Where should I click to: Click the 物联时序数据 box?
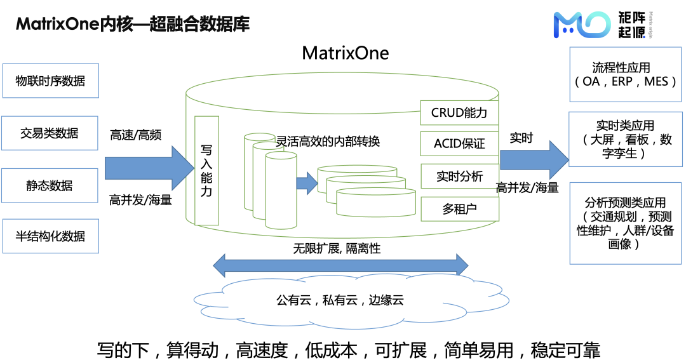51,81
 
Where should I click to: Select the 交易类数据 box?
51,133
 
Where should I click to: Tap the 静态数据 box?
51,185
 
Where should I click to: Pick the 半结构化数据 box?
51,236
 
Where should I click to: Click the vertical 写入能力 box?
206,170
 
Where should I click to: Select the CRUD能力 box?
459,113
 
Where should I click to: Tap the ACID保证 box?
459,144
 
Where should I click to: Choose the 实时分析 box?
459,177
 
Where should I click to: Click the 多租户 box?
459,208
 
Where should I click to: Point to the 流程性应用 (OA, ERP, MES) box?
626,74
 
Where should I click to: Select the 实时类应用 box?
626,139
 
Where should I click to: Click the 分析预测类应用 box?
626,222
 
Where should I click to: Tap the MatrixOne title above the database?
345,53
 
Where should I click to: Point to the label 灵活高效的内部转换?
328,142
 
